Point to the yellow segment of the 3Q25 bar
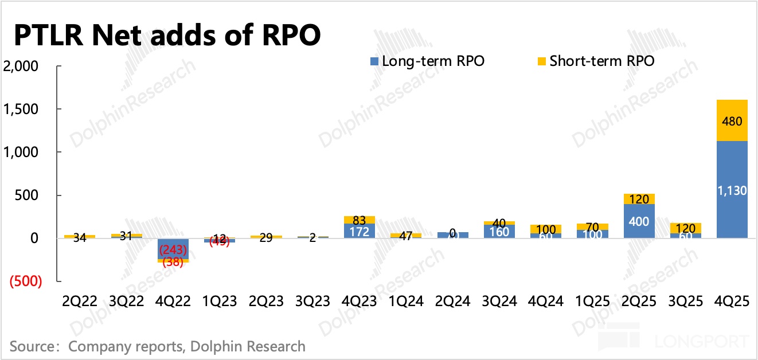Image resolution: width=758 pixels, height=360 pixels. tap(686, 228)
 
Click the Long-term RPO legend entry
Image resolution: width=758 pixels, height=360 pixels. tap(427, 61)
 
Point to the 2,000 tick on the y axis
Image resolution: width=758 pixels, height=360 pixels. tap(21, 66)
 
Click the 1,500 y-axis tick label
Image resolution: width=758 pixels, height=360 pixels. tap(21, 109)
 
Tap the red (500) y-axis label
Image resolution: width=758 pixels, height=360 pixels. tap(24, 282)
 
